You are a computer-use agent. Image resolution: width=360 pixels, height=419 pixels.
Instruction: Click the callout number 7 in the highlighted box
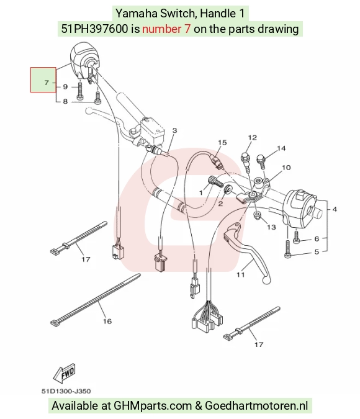[47, 83]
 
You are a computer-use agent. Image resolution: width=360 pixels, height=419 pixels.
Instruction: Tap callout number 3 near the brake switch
[174, 130]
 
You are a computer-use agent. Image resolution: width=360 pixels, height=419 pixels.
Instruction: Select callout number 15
[222, 142]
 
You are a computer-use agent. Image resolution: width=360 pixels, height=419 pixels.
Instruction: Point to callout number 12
[252, 137]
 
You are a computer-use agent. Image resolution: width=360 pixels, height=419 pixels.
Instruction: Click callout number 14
[281, 148]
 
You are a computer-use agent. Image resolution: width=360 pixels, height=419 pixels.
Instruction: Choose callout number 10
[286, 168]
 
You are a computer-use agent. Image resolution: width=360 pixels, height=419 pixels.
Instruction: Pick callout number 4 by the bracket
[335, 209]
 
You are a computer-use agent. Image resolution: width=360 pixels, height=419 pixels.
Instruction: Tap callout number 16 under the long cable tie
[107, 321]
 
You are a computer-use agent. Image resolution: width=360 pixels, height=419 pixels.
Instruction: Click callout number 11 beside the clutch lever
[241, 274]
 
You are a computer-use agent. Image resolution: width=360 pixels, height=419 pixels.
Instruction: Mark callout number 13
[271, 227]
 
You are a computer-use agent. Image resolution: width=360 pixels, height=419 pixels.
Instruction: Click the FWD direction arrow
[65, 373]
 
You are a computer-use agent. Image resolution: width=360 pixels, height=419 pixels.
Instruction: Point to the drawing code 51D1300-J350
[66, 391]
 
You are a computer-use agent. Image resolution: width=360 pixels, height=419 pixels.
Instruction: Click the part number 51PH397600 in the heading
[95, 29]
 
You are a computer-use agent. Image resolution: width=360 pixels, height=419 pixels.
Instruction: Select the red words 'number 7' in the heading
[166, 29]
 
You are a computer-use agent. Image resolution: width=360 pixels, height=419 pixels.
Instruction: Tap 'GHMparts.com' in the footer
[153, 405]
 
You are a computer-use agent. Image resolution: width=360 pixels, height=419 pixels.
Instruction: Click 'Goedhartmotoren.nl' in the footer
[256, 405]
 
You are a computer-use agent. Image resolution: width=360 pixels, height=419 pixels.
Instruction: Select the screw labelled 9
[80, 91]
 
